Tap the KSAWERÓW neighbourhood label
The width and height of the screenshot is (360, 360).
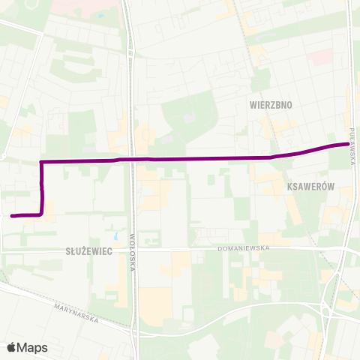pyautogui.click(x=309, y=185)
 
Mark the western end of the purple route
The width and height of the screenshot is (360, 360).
pyautogui.click(x=12, y=216)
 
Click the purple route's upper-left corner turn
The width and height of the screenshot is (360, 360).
pyautogui.click(x=40, y=161)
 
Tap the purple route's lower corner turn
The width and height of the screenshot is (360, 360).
pyautogui.click(x=41, y=214)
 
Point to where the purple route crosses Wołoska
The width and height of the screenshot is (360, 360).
pyautogui.click(x=133, y=159)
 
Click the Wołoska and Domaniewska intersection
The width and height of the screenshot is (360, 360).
pyautogui.click(x=133, y=249)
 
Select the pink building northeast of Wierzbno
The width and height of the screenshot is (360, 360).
pyautogui.click(x=321, y=57)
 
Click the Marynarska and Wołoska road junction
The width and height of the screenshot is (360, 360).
pyautogui.click(x=134, y=331)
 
